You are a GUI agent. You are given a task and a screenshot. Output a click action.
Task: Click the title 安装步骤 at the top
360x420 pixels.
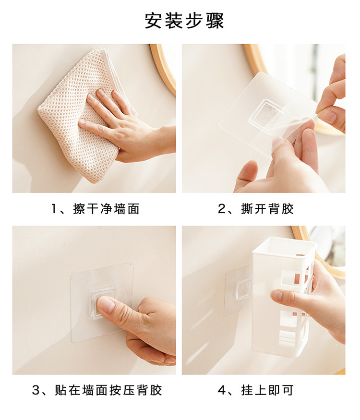(184, 21)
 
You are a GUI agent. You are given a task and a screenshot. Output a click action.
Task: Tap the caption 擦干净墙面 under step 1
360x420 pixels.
(107, 209)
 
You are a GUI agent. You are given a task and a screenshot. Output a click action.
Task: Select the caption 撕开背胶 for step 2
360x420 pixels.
(267, 209)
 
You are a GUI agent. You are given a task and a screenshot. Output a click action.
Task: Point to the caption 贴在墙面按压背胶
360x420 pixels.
(108, 390)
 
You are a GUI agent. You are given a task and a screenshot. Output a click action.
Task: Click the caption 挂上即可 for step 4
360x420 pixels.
(267, 390)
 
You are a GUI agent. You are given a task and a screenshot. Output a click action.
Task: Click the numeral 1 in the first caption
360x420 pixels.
(54, 209)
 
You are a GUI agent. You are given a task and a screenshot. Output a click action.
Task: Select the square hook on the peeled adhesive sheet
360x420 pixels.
(267, 112)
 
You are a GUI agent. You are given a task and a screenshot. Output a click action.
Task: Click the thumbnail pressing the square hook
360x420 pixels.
(105, 305)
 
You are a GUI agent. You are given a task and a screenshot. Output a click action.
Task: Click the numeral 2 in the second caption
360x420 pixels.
(222, 209)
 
